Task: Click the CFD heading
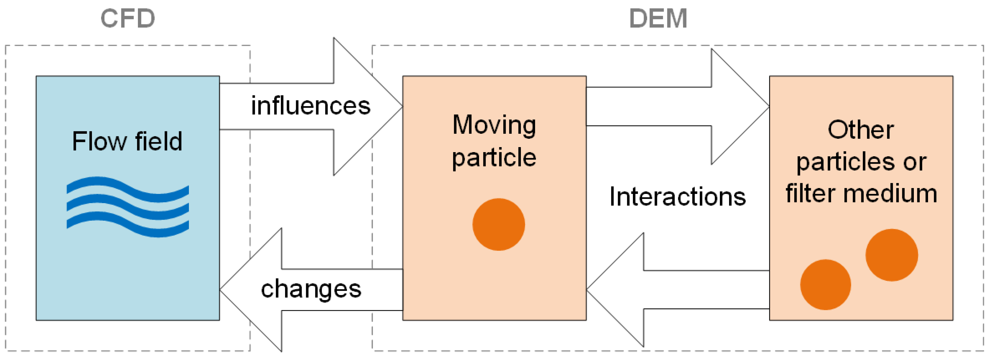[128, 18]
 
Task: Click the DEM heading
[658, 18]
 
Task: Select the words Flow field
[127, 141]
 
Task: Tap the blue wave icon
[128, 207]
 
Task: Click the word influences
[311, 106]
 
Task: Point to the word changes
[311, 289]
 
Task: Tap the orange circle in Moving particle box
[498, 224]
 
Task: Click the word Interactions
[678, 197]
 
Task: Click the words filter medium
[861, 193]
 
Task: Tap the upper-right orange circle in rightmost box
[892, 255]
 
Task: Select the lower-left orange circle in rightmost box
[825, 284]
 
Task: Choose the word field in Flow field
[158, 141]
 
